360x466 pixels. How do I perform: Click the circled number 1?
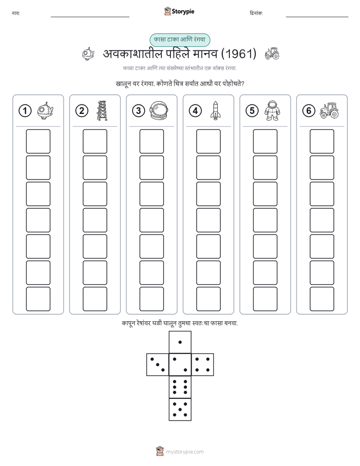(25, 111)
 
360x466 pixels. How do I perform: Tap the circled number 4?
(195, 111)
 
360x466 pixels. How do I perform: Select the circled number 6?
(309, 111)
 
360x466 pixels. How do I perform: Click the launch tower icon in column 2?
(102, 110)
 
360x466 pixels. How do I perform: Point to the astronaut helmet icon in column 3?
(159, 110)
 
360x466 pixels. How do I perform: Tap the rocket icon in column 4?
(215, 110)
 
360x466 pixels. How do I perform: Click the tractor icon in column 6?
(329, 110)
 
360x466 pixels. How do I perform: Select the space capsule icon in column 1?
(45, 110)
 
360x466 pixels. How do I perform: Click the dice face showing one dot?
(180, 342)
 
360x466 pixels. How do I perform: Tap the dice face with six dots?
(180, 387)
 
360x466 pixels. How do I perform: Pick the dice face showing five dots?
(180, 410)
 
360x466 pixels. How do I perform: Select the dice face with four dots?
(203, 365)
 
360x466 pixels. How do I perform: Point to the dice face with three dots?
(157, 365)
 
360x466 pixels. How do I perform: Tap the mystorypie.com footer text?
(185, 452)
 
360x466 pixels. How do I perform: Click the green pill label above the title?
(179, 40)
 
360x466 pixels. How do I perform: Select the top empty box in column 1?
(38, 141)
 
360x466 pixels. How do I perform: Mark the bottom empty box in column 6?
(322, 299)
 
